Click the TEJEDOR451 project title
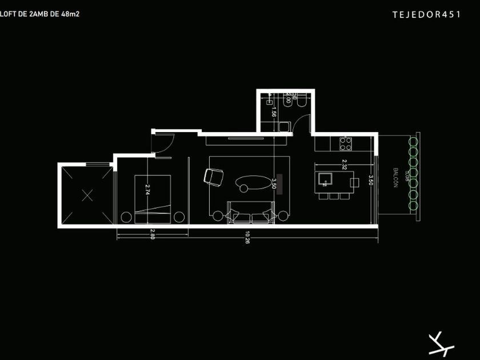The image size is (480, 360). pos(426,15)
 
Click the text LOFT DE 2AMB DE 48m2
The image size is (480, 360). pos(39,13)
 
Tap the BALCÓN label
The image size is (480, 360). pos(395,178)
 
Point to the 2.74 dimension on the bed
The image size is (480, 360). pos(147,190)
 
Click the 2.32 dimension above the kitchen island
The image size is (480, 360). pos(343,164)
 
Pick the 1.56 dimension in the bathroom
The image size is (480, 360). pos(274,111)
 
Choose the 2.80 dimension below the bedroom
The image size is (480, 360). pos(152,233)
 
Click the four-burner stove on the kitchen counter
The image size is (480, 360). pos(346,143)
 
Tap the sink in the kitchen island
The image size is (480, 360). pos(326,179)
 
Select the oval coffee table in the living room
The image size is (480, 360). pos(253,182)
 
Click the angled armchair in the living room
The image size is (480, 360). pos(214,177)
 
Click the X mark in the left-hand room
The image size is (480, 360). pos(87,195)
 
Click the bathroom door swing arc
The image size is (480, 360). pos(306,123)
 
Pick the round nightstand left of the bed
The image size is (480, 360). pos(125,217)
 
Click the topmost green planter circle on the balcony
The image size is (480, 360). pos(413,142)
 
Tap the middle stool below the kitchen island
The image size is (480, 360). pos(333,196)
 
